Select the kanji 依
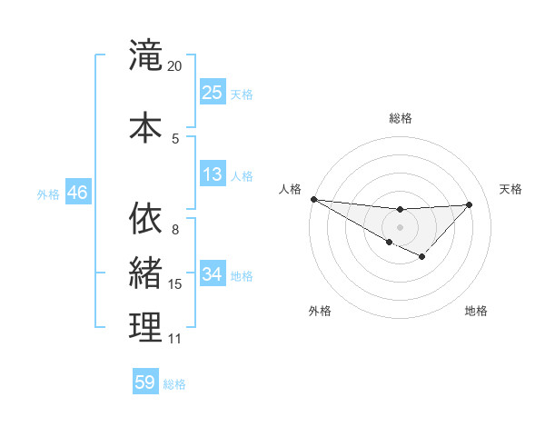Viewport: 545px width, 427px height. click(x=145, y=219)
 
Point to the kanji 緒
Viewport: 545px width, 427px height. click(x=145, y=273)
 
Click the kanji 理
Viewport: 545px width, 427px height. click(x=145, y=327)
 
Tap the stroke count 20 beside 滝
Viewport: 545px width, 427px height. click(x=174, y=66)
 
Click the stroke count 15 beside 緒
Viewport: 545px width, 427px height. click(x=175, y=284)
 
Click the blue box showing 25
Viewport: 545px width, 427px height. click(x=212, y=92)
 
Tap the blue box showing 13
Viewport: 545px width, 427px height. click(x=212, y=174)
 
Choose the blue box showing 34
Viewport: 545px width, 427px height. click(x=212, y=275)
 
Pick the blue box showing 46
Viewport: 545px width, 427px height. click(x=77, y=193)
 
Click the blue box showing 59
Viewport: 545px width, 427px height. click(x=145, y=382)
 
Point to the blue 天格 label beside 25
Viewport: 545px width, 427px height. click(x=242, y=94)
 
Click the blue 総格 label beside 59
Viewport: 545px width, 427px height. click(x=174, y=384)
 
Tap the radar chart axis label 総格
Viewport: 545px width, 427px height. click(x=400, y=118)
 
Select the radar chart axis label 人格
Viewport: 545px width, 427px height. click(x=290, y=189)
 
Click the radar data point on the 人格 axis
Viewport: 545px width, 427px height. click(x=313, y=199)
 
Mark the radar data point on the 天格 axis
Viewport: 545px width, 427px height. click(x=470, y=204)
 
